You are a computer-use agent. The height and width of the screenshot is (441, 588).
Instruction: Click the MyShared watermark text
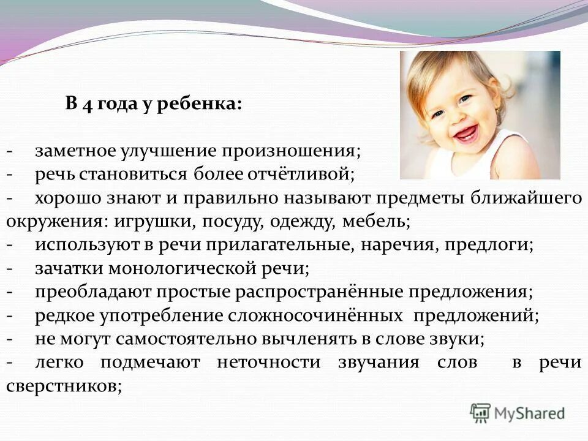[x=530, y=413]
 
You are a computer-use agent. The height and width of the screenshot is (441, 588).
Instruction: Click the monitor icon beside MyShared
[x=481, y=413]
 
